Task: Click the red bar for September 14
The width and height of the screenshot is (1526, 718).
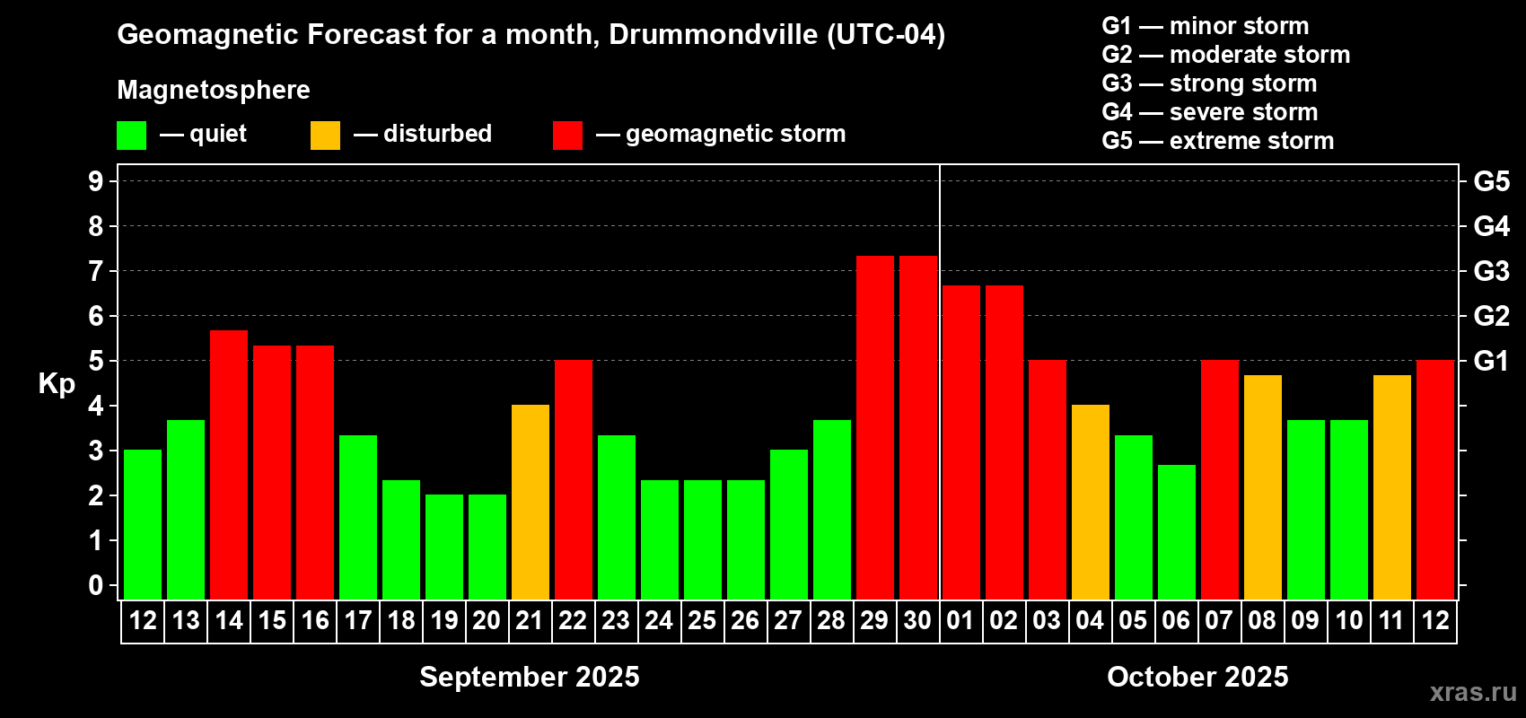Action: click(x=229, y=464)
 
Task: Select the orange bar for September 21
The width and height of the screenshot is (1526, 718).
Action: click(x=531, y=502)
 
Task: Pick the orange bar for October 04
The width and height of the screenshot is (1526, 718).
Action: click(x=1091, y=502)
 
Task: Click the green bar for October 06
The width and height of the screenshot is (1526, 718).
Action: click(x=1177, y=531)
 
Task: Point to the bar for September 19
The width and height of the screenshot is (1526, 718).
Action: click(x=444, y=547)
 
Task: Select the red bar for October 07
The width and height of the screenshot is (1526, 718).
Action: click(x=1220, y=479)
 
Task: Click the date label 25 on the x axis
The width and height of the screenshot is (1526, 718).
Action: click(x=702, y=620)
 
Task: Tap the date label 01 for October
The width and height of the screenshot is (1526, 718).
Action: click(x=960, y=620)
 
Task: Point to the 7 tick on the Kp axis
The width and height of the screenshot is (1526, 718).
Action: click(x=96, y=271)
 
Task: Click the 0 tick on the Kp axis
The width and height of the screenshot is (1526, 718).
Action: click(x=96, y=585)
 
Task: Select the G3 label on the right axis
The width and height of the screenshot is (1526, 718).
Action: click(x=1491, y=271)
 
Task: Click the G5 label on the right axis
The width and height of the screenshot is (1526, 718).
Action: click(x=1491, y=181)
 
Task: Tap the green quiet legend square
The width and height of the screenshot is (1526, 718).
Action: click(x=131, y=136)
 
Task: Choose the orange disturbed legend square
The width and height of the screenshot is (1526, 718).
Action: click(x=325, y=136)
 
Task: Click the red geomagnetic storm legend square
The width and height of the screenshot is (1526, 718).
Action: click(x=567, y=136)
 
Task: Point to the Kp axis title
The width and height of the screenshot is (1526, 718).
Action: click(x=57, y=384)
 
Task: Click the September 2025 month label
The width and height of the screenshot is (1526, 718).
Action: click(x=530, y=677)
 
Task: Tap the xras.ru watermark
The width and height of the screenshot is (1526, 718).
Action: click(x=1473, y=692)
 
